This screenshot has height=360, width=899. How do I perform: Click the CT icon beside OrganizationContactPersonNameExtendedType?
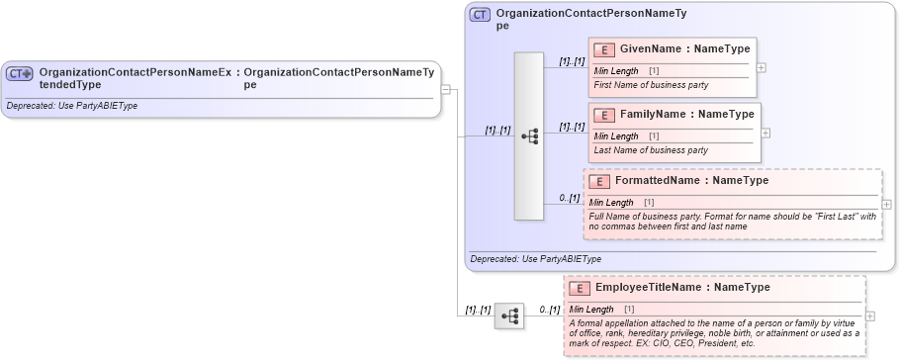pyautogui.click(x=20, y=73)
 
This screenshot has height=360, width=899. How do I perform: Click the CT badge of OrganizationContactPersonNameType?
pyautogui.click(x=480, y=15)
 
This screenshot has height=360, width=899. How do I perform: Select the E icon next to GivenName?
pyautogui.click(x=603, y=48)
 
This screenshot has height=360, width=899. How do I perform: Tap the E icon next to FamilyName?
pyautogui.click(x=603, y=115)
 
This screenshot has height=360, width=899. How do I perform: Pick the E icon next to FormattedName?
pyautogui.click(x=598, y=181)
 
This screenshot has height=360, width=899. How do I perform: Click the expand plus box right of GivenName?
pyautogui.click(x=761, y=67)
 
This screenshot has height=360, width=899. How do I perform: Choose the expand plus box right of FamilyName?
pyautogui.click(x=765, y=133)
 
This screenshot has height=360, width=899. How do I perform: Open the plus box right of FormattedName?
pyautogui.click(x=886, y=205)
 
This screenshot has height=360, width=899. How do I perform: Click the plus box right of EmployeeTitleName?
pyautogui.click(x=870, y=316)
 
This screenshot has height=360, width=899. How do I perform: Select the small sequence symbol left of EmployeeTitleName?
pyautogui.click(x=509, y=315)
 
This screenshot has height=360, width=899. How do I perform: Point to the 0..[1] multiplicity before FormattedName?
pyautogui.click(x=569, y=198)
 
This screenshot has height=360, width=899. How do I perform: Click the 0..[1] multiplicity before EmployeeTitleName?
pyautogui.click(x=548, y=311)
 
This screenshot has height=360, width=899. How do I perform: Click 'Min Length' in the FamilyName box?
pyautogui.click(x=616, y=136)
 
